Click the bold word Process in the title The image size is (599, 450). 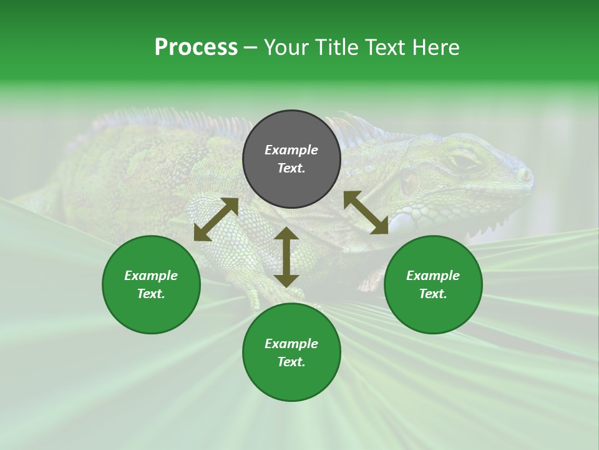196,47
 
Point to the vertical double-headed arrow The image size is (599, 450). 286,257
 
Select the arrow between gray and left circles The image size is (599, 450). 216,219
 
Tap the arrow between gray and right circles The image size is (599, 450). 366,212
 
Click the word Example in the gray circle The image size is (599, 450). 291,150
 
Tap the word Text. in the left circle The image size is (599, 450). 151,294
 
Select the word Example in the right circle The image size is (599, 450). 433,276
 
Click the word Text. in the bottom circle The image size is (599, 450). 291,362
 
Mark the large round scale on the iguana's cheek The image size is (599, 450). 410,182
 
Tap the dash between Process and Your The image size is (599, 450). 250,48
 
